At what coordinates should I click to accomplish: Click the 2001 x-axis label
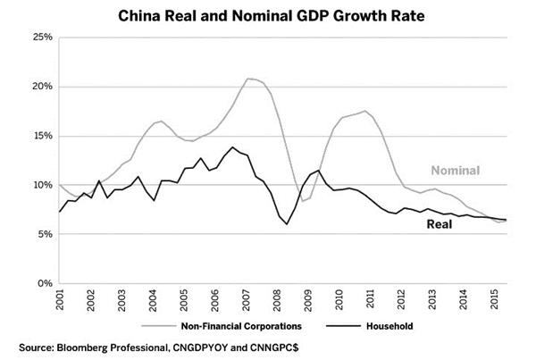click(x=59, y=300)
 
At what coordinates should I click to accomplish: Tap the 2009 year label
click(x=309, y=300)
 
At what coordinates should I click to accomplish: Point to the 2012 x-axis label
click(x=403, y=300)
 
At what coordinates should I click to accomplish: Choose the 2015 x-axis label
click(x=497, y=300)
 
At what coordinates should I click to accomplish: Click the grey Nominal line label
click(x=456, y=171)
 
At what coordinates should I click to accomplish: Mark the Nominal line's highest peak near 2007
click(x=248, y=79)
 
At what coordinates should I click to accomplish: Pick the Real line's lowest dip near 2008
click(x=288, y=223)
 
